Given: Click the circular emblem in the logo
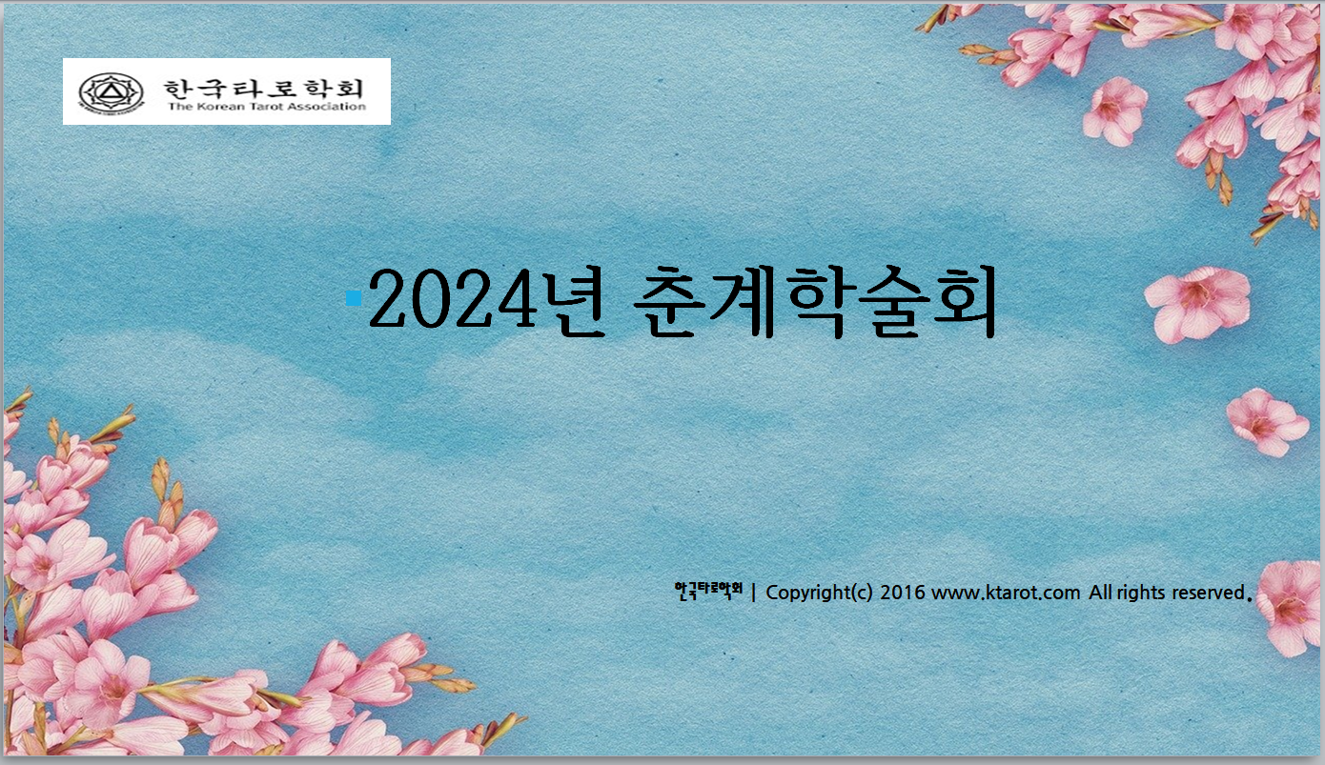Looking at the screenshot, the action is click(x=112, y=92).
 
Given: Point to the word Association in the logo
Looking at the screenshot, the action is click(x=327, y=107).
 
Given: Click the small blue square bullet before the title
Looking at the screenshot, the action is click(x=354, y=298).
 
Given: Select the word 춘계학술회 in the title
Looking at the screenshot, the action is click(x=815, y=302).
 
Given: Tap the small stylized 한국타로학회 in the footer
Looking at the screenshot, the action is click(x=708, y=591).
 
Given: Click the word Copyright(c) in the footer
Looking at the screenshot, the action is click(x=819, y=593).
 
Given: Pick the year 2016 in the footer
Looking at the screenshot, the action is click(x=902, y=593).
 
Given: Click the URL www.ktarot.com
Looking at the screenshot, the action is click(x=1006, y=593).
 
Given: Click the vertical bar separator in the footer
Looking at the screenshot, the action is click(x=754, y=592).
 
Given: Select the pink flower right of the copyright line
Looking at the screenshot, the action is click(x=1290, y=607).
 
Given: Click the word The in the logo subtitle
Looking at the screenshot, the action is click(x=180, y=107).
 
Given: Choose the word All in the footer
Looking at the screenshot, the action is click(x=1100, y=593).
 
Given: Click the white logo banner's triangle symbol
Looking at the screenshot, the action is click(x=110, y=91).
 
